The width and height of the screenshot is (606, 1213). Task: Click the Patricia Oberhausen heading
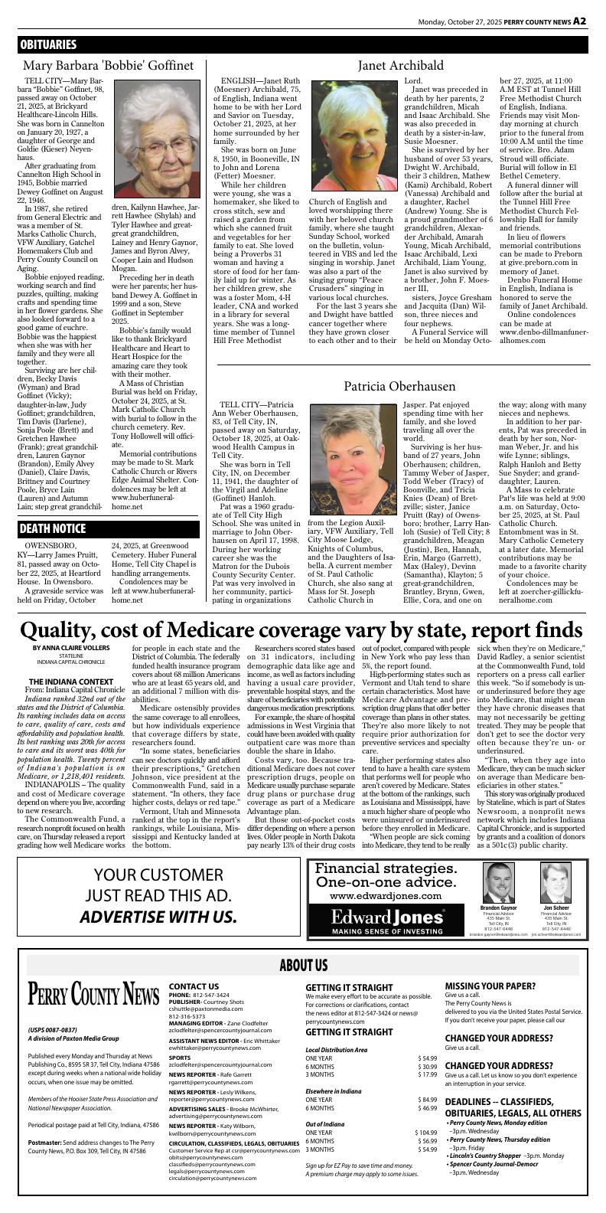point(399,387)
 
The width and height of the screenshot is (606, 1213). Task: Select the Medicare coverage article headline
point(301,629)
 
